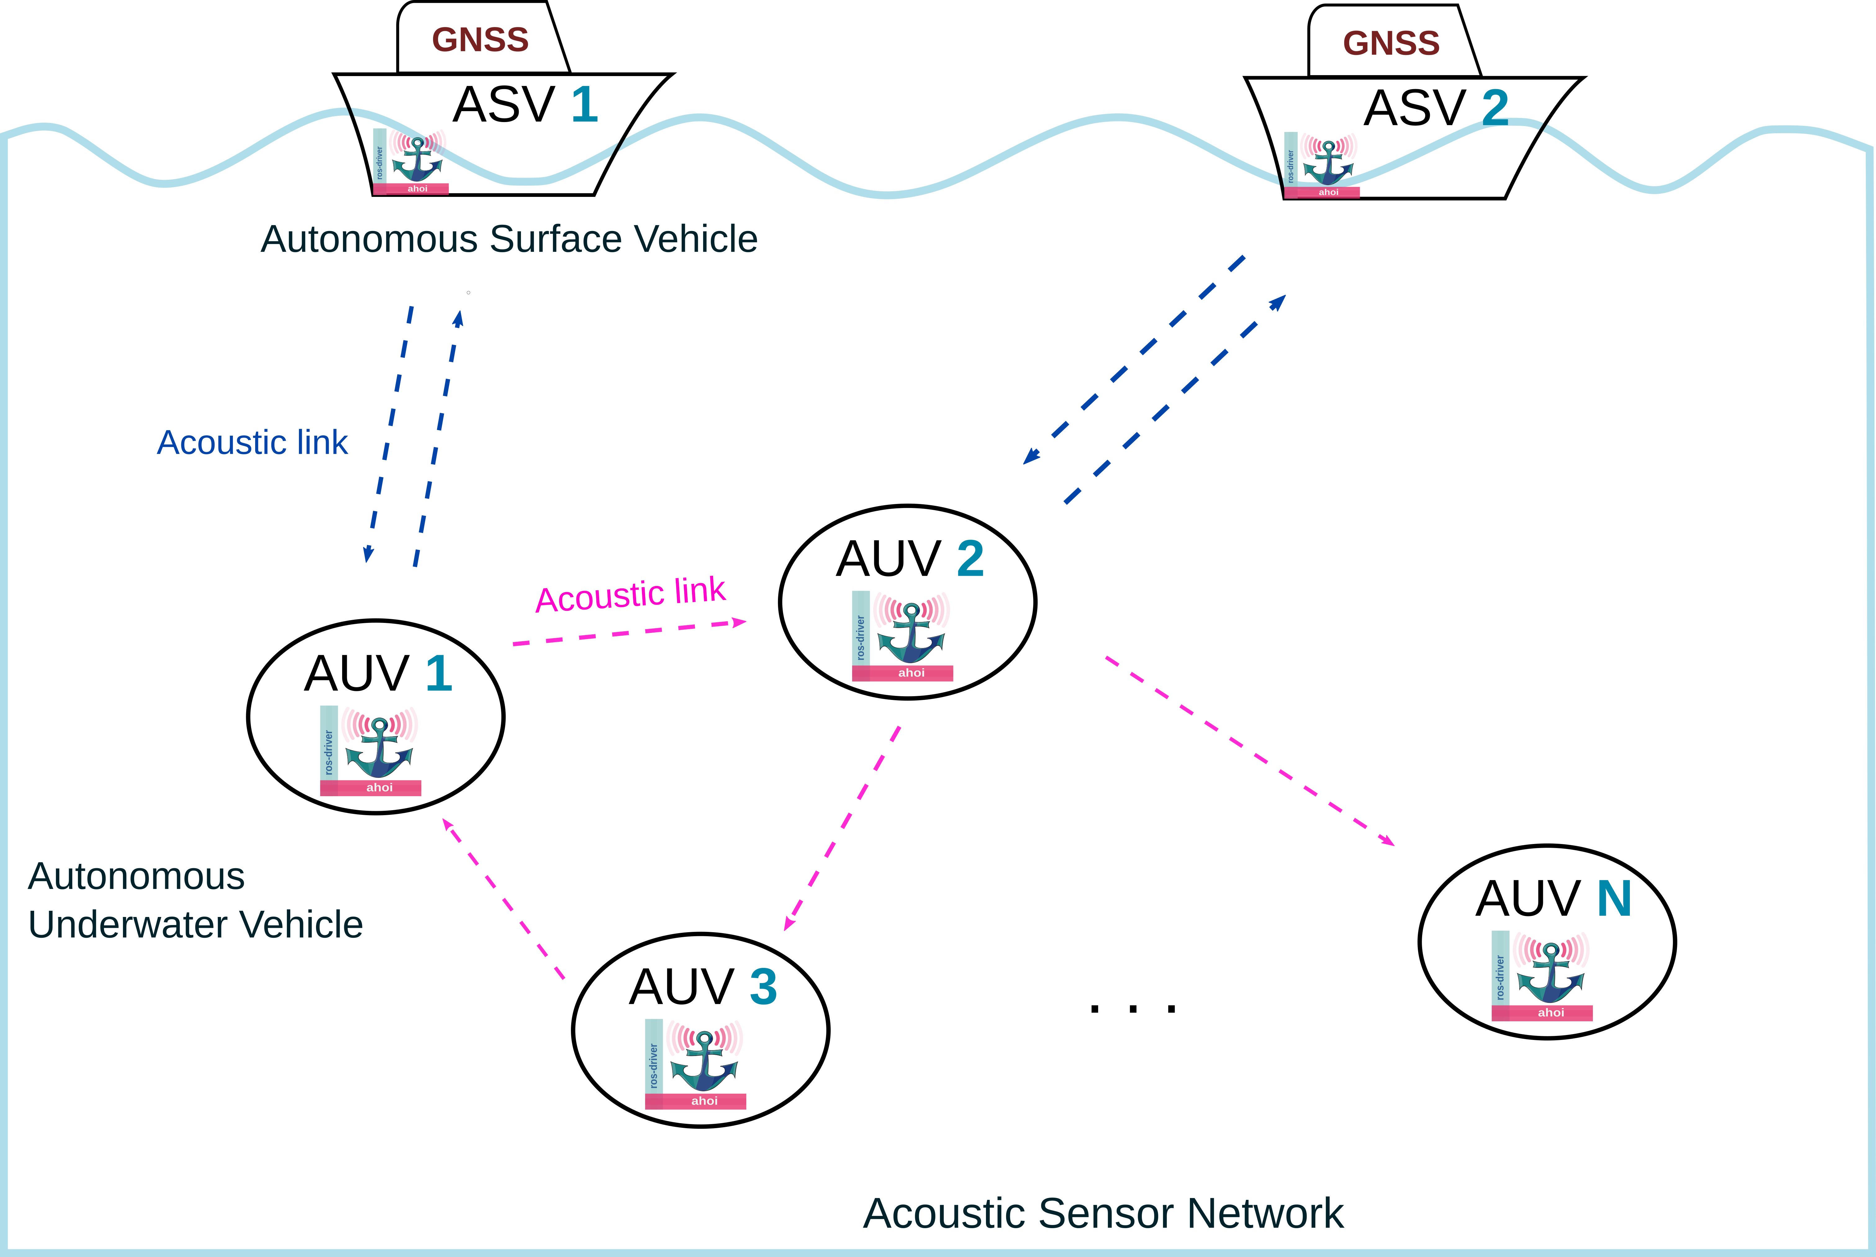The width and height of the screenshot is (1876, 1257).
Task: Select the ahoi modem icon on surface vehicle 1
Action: (x=411, y=161)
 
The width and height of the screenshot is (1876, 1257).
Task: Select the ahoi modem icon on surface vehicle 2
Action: (x=1322, y=164)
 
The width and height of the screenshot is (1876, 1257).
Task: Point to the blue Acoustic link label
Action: (x=252, y=442)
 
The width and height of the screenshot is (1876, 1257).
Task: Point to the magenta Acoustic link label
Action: (x=631, y=595)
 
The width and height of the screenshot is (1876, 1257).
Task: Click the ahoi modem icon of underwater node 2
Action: (x=902, y=636)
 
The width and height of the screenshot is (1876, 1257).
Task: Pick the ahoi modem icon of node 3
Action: (x=696, y=1064)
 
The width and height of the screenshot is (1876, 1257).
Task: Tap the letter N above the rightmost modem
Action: (x=1614, y=899)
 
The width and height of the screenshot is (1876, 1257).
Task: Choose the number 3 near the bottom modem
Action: (x=763, y=987)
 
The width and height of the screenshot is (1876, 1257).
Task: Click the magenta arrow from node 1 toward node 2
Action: (x=629, y=633)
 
